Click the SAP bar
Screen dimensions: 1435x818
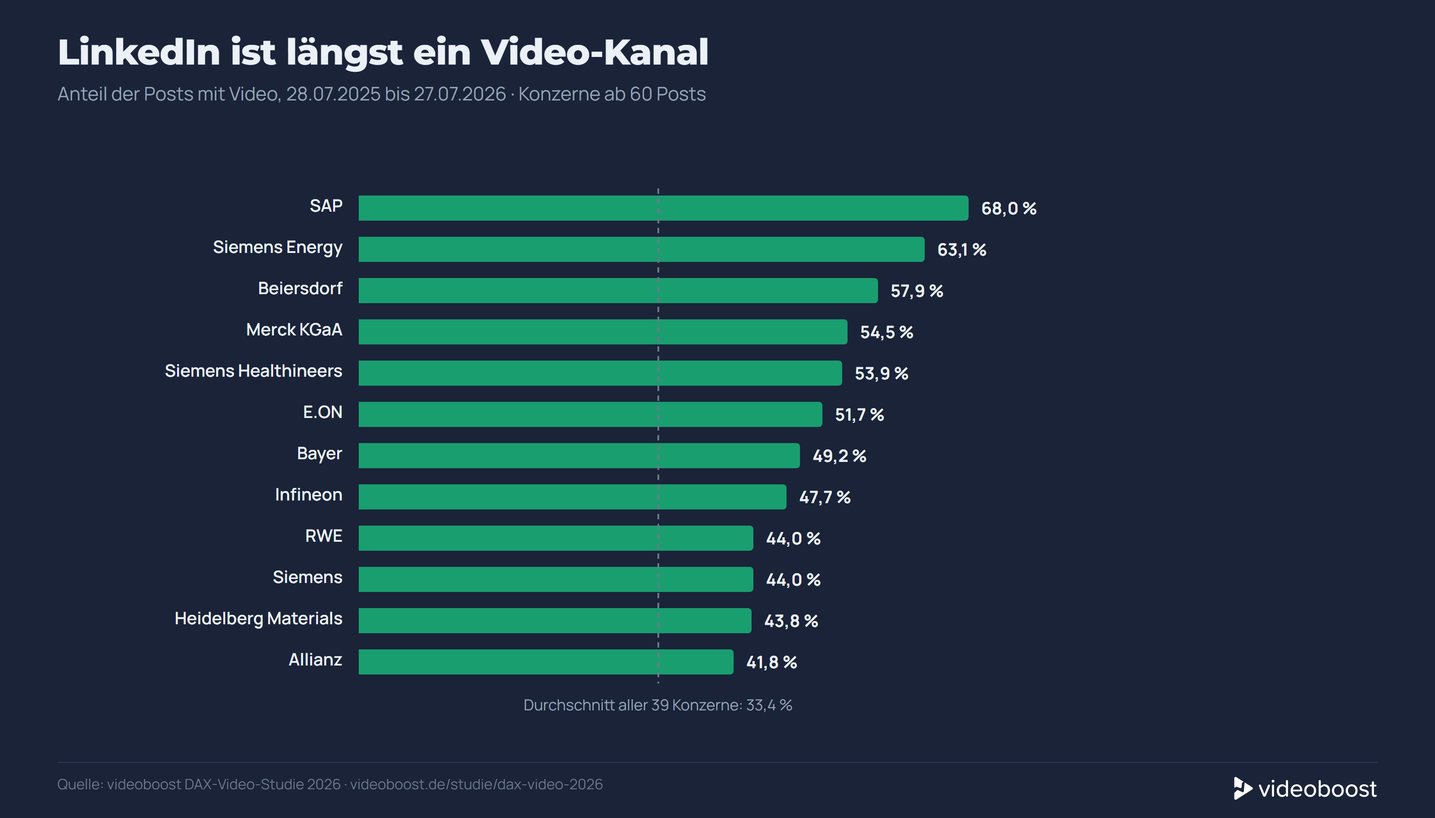tap(663, 208)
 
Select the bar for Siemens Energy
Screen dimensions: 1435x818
tap(641, 249)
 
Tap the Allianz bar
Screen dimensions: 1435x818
tap(546, 662)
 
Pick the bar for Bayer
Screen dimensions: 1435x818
tap(579, 456)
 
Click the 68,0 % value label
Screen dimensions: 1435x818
tap(1009, 209)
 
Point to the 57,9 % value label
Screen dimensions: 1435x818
tap(917, 291)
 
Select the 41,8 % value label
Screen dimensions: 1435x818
tap(772, 662)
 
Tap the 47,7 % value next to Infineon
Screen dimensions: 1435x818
tap(825, 497)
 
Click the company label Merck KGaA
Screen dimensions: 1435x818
tap(294, 330)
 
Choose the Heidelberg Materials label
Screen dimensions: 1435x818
tap(258, 618)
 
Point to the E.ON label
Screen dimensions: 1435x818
tap(323, 413)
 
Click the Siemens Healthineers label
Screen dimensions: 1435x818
tap(253, 371)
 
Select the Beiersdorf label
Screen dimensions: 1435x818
tap(300, 288)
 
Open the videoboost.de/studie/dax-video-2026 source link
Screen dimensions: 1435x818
tap(476, 784)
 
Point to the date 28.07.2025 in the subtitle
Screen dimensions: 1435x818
tap(333, 94)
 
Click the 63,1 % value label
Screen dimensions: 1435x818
tap(961, 249)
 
